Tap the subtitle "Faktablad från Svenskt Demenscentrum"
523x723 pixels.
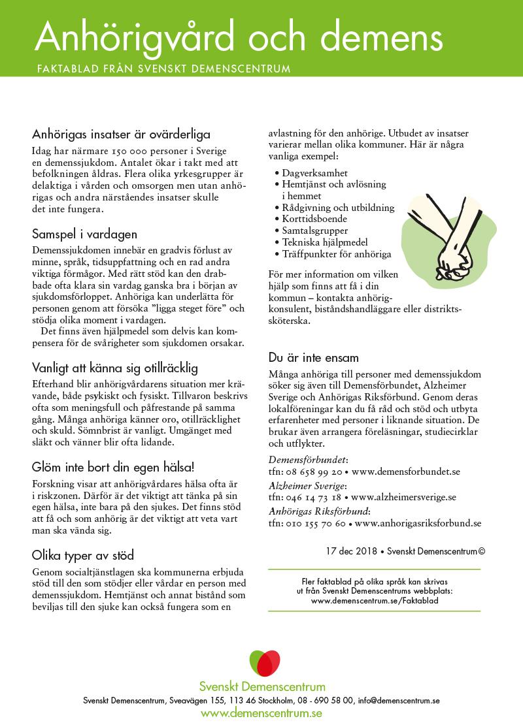point(163,68)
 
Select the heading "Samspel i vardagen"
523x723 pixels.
point(84,234)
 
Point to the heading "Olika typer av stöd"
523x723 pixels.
point(83,555)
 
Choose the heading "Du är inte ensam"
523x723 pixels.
point(313,358)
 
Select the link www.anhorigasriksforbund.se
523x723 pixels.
point(418,523)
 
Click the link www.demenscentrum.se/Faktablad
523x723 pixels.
point(375,600)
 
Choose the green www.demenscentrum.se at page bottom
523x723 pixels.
point(261,713)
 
